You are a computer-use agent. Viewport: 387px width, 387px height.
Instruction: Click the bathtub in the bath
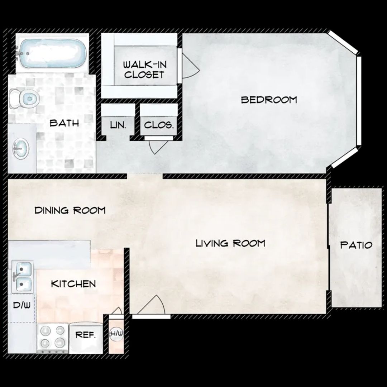[53, 53]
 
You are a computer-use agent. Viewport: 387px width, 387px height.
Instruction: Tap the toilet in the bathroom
[24, 99]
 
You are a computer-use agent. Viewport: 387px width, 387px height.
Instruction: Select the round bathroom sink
[21, 149]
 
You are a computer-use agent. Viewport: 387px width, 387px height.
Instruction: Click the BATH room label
[64, 123]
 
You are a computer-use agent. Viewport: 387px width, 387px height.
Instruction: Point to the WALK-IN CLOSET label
[145, 70]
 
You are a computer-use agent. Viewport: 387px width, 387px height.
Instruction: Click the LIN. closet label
[118, 125]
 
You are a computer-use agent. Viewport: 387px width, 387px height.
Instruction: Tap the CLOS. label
[159, 125]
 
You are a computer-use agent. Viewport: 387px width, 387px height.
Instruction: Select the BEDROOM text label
[269, 100]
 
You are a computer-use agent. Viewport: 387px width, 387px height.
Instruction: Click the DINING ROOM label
[70, 210]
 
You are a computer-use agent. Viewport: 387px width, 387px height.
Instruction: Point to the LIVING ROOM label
[230, 243]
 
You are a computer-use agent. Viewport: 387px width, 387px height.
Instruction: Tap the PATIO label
[356, 245]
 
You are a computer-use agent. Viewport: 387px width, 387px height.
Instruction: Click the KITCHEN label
[73, 284]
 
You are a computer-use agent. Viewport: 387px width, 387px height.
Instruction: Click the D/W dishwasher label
[22, 305]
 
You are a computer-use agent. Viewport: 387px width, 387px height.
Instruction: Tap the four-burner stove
[53, 338]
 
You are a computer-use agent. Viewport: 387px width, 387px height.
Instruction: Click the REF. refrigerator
[86, 338]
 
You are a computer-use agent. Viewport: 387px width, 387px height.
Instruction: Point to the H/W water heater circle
[116, 334]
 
